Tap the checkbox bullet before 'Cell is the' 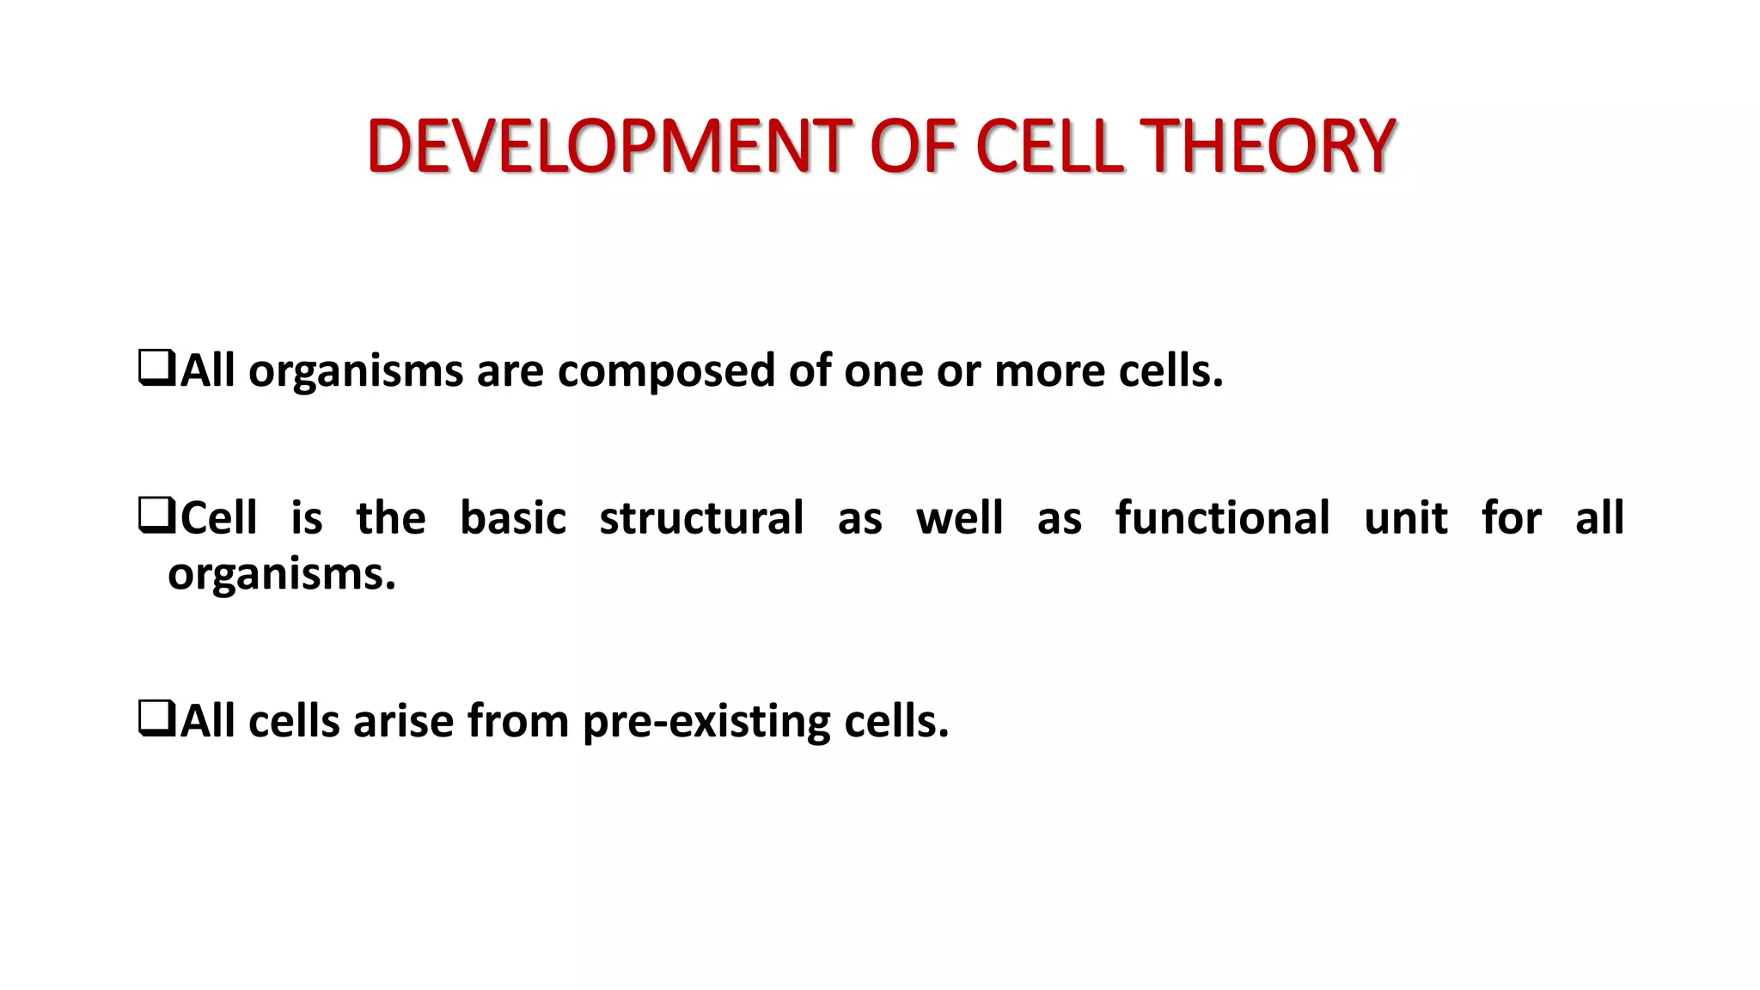coord(156,516)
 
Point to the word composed coord(666,373)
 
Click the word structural coord(701,518)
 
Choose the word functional coord(1222,518)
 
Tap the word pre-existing coord(706,722)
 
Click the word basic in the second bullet coord(513,518)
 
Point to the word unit coord(1406,518)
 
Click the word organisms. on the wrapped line coord(282,575)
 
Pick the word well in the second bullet coord(959,518)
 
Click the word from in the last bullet coord(517,721)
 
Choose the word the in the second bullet coord(391,518)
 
